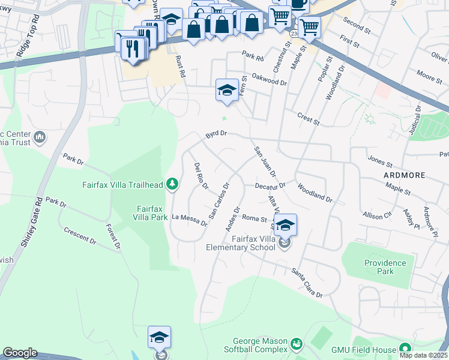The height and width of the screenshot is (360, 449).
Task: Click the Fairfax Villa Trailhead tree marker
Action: pos(172,184)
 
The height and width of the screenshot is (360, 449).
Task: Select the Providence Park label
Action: pos(385,267)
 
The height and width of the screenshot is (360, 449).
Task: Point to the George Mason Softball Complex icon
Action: pos(295,344)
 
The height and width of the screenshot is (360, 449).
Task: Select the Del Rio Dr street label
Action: pos(200,176)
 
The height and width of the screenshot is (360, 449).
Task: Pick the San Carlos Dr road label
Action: pos(219,200)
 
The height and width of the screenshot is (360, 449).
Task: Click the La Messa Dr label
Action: pos(189,220)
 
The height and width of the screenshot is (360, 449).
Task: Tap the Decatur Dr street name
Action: pos(270,186)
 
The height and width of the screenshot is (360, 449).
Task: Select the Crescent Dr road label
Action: pos(79,235)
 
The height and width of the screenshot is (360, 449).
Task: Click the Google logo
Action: pos(20,353)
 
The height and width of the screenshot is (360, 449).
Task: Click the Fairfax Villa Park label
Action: pos(149,212)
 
